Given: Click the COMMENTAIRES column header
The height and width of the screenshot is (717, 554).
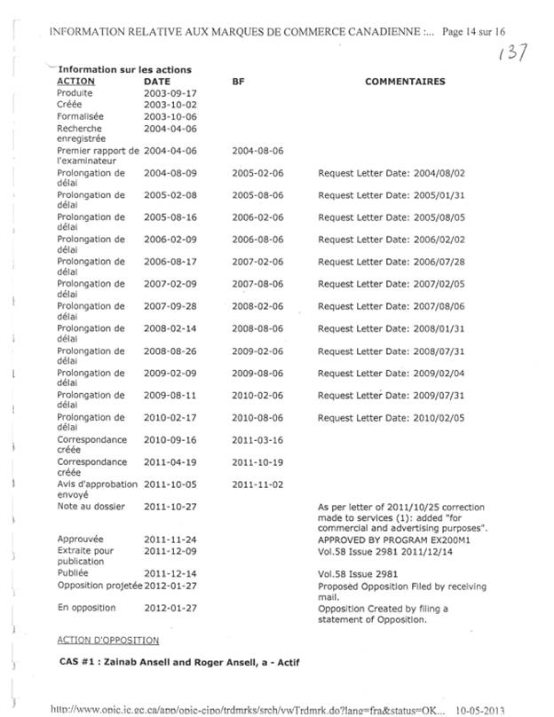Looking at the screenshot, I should (x=405, y=82).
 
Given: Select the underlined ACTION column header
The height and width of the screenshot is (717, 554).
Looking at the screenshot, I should (x=75, y=82).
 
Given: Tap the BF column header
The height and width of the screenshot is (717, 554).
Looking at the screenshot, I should (x=238, y=82).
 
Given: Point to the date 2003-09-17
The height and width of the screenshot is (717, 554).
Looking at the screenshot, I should (x=170, y=93).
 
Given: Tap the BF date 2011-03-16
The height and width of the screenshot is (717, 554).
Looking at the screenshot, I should (x=257, y=440).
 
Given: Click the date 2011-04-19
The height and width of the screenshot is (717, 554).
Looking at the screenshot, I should (x=170, y=462).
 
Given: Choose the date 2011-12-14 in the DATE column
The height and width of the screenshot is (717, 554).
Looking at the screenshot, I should (x=170, y=573).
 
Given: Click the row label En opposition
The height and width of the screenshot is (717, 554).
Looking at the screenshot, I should (x=86, y=608).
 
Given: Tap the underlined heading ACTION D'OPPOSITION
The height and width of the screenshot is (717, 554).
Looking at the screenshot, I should (x=107, y=640).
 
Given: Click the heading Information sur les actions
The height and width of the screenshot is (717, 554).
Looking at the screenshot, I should (x=124, y=70).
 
